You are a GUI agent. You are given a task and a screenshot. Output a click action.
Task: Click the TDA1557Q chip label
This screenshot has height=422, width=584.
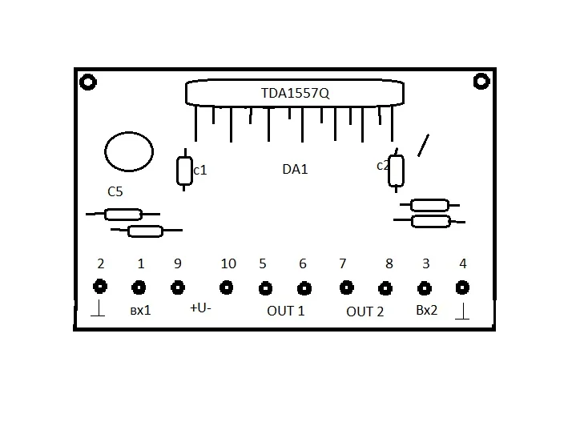(x=295, y=93)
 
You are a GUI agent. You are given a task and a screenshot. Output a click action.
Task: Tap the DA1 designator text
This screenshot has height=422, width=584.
(x=295, y=169)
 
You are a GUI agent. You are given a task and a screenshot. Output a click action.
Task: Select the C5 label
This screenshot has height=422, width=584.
(x=115, y=191)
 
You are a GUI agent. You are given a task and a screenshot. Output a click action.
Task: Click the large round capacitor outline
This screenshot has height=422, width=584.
(x=105, y=152)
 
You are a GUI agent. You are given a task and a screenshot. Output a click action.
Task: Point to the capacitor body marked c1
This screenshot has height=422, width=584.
(x=184, y=171)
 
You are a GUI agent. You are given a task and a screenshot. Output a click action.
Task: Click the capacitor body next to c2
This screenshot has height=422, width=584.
(x=396, y=171)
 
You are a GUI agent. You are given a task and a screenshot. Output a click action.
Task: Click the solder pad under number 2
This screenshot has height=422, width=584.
(x=100, y=287)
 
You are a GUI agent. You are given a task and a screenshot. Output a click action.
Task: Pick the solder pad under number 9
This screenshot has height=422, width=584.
(x=178, y=287)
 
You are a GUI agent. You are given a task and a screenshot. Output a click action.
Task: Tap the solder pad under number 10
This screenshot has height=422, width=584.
(x=226, y=287)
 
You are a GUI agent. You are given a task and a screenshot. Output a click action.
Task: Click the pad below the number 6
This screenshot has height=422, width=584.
(x=304, y=288)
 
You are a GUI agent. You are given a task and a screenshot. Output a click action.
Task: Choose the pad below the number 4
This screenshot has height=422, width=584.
(x=462, y=287)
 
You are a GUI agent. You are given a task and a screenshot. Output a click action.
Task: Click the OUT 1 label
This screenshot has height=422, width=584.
(x=286, y=311)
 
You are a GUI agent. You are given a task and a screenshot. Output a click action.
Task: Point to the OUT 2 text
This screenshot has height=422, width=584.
(x=364, y=311)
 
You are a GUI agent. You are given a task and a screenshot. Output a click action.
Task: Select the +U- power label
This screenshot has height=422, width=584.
(x=200, y=308)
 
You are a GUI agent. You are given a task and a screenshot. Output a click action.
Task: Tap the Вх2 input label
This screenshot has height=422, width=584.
(x=426, y=311)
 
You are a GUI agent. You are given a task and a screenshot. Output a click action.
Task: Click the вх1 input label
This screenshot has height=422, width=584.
(x=140, y=311)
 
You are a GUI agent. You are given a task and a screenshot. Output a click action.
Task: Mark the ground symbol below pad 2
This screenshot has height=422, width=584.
(x=98, y=308)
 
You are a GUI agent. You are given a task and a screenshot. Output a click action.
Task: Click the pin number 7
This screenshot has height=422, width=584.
(x=343, y=263)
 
